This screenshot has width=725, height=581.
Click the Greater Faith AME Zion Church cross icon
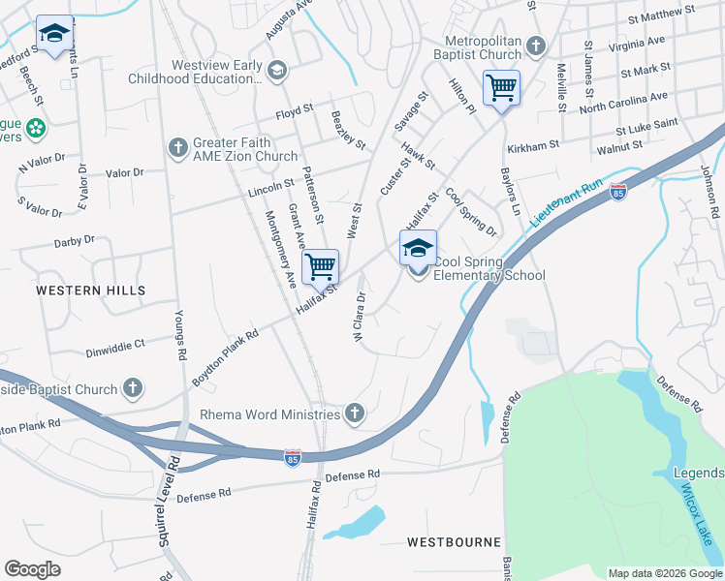[x=176, y=147]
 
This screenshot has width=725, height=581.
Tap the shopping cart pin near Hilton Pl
[x=501, y=89]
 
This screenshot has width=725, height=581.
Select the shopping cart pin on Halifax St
[x=320, y=266]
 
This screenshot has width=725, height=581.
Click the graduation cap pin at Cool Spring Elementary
[x=418, y=249]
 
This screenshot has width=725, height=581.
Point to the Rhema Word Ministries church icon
[x=355, y=413]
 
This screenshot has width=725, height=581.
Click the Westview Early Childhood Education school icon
[x=277, y=70]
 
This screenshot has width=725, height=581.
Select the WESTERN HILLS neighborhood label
[x=91, y=290]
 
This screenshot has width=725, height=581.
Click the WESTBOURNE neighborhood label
[x=454, y=542]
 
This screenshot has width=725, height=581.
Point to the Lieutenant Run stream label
[x=566, y=204]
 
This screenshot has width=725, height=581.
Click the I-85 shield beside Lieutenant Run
[x=617, y=194]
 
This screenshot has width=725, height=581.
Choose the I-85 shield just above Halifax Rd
[x=292, y=455]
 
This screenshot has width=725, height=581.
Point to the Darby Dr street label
[x=75, y=239]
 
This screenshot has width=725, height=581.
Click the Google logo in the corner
[x=33, y=569]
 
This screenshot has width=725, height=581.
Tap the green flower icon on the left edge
[x=36, y=127]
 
